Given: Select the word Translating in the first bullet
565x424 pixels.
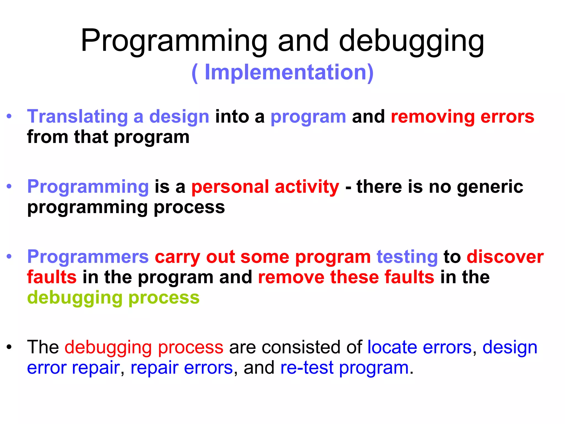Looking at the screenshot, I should [77, 116].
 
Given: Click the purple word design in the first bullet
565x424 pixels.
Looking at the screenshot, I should [179, 116].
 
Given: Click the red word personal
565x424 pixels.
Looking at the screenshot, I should [230, 187].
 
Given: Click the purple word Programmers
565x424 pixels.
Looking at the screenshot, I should [88, 257].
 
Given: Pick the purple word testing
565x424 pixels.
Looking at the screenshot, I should [407, 257].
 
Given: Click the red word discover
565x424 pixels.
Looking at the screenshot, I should [505, 257].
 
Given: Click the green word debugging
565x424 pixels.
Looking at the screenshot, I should [74, 298].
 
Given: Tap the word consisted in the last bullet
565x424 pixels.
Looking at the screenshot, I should [301, 347].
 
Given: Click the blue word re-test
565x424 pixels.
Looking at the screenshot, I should [307, 368].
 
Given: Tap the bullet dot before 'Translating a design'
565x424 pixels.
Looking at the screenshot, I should [9, 116].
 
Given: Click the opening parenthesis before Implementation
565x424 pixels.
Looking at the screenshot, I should [195, 73].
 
